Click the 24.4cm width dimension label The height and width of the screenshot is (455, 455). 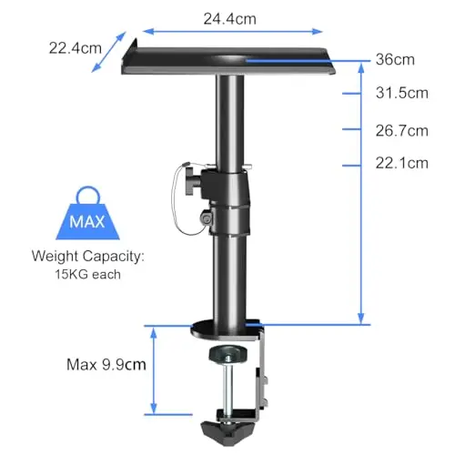[x=229, y=19]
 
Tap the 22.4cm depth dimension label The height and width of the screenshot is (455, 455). [x=76, y=48]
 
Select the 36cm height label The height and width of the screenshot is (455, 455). [x=395, y=59]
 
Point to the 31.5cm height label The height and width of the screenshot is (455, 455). [x=402, y=93]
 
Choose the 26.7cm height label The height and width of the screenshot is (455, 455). [x=402, y=131]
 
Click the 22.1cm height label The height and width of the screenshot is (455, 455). [x=402, y=163]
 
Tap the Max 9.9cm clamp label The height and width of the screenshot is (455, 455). [x=106, y=364]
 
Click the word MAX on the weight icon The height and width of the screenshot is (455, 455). [x=87, y=221]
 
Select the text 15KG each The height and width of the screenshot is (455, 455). [x=87, y=275]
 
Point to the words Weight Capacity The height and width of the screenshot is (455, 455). [x=86, y=257]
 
